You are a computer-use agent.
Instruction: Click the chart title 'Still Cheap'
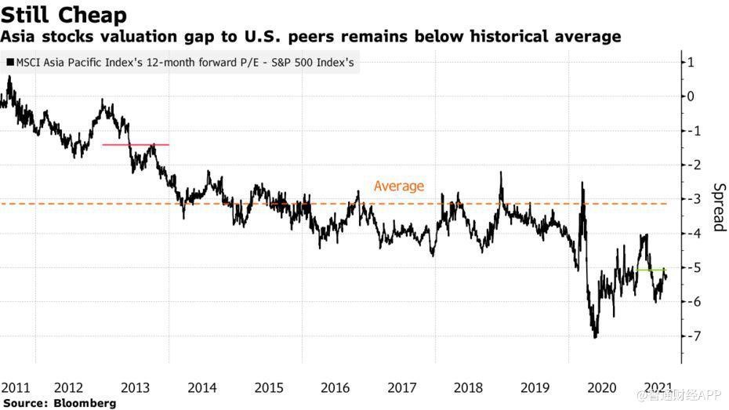(x=63, y=15)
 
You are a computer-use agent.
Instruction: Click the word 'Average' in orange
(x=398, y=186)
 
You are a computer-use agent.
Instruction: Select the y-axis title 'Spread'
(x=718, y=207)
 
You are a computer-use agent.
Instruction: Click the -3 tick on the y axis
(x=690, y=199)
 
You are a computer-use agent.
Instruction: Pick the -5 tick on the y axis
(x=690, y=267)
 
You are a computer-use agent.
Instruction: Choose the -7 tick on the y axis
(x=690, y=336)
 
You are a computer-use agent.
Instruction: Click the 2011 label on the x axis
(x=15, y=387)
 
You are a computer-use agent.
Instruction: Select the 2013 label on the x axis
(x=136, y=387)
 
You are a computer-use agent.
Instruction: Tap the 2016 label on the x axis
(x=335, y=387)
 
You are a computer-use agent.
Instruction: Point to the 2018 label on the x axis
(x=470, y=387)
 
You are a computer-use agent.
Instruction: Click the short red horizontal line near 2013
(x=136, y=145)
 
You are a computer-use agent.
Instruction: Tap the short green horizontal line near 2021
(x=651, y=270)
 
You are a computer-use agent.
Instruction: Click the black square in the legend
(x=9, y=63)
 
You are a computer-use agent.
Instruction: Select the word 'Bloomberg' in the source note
(x=85, y=403)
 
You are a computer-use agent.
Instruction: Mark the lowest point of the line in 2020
(x=595, y=337)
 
